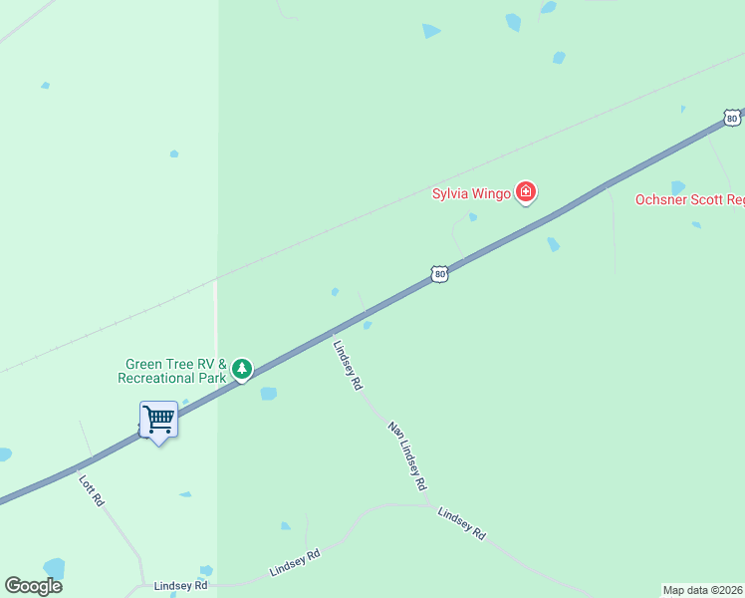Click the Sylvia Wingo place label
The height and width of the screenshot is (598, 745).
(471, 193)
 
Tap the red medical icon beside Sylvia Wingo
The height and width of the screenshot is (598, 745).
(526, 193)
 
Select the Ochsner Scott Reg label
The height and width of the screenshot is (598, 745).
(689, 200)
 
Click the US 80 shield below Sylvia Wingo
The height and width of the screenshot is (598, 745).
(439, 273)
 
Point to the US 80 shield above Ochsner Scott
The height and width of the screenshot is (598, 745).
(732, 118)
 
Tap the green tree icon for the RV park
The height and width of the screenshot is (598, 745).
(241, 370)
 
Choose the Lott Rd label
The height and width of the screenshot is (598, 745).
(92, 489)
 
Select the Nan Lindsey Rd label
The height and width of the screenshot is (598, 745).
(407, 455)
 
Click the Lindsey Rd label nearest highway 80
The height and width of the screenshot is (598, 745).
(348, 365)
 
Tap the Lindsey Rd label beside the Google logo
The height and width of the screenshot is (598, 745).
(180, 586)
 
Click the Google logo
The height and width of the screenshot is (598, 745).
(33, 586)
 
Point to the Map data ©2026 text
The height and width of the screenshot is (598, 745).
(703, 590)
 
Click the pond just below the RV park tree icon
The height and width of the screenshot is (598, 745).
(268, 394)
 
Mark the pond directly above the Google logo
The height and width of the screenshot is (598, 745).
(54, 568)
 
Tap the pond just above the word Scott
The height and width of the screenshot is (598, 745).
(678, 186)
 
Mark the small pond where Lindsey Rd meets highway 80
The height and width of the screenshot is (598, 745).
(368, 325)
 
